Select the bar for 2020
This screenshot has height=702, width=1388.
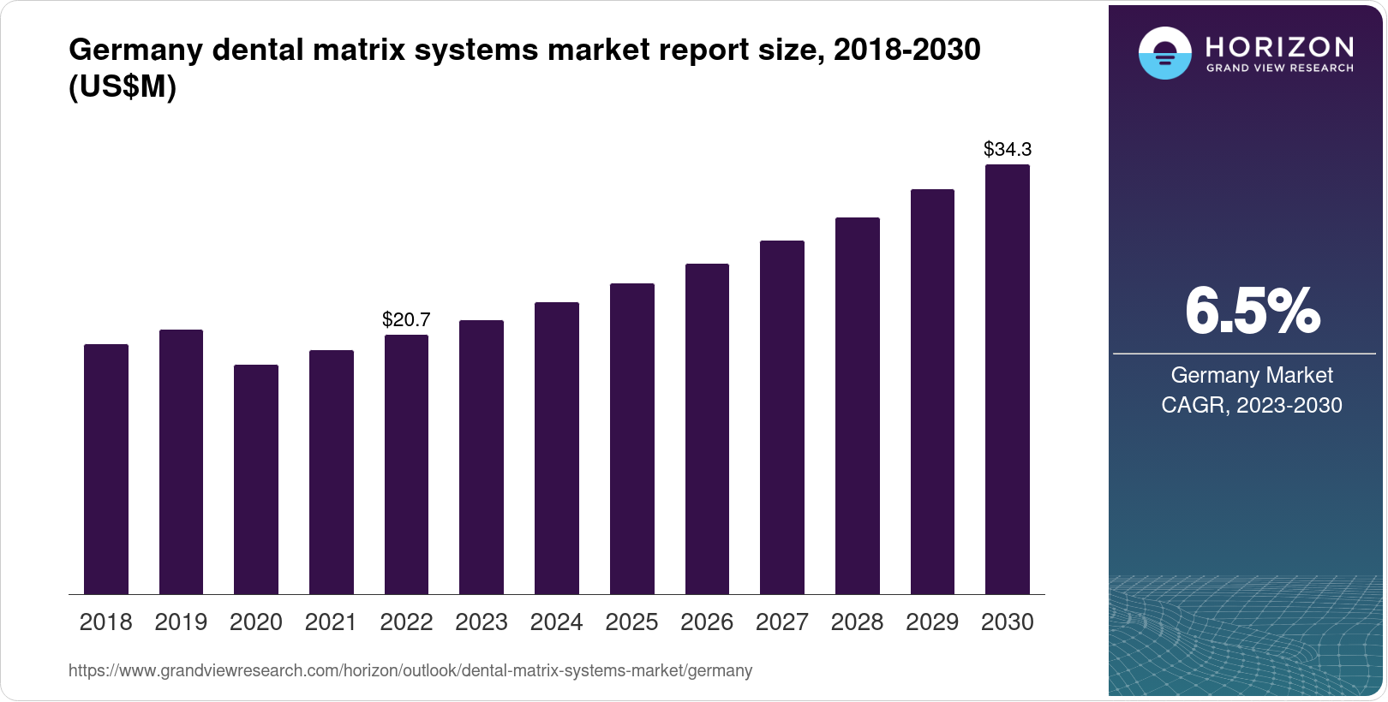tap(256, 479)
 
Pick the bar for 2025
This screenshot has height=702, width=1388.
tap(632, 438)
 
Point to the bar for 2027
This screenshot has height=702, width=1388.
tap(782, 417)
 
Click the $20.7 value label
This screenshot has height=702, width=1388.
tap(406, 319)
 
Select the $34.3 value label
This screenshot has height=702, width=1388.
tap(1008, 149)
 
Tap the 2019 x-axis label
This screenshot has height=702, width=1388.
tap(181, 622)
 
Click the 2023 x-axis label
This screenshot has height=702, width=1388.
tap(482, 622)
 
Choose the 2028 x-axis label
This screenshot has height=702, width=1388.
tap(857, 622)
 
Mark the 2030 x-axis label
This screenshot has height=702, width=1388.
tap(1008, 622)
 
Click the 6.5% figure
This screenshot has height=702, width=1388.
tap(1252, 311)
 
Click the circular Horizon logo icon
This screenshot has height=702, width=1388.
tap(1164, 54)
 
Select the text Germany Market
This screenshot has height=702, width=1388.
tap(1252, 375)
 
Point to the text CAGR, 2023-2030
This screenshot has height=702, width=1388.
tap(1252, 405)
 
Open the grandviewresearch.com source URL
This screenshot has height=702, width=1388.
tap(410, 670)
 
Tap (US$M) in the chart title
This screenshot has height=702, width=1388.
tap(123, 86)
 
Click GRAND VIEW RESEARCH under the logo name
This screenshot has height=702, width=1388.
tap(1279, 68)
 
